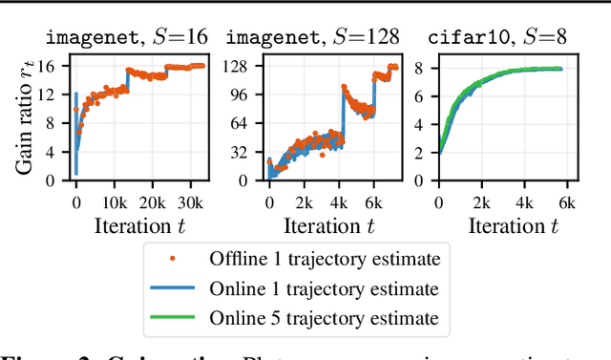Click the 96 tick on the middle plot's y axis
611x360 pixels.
point(243,95)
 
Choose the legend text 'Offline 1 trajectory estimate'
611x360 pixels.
point(324,259)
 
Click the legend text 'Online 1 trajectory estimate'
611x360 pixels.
point(324,288)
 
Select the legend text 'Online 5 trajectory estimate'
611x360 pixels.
point(324,318)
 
